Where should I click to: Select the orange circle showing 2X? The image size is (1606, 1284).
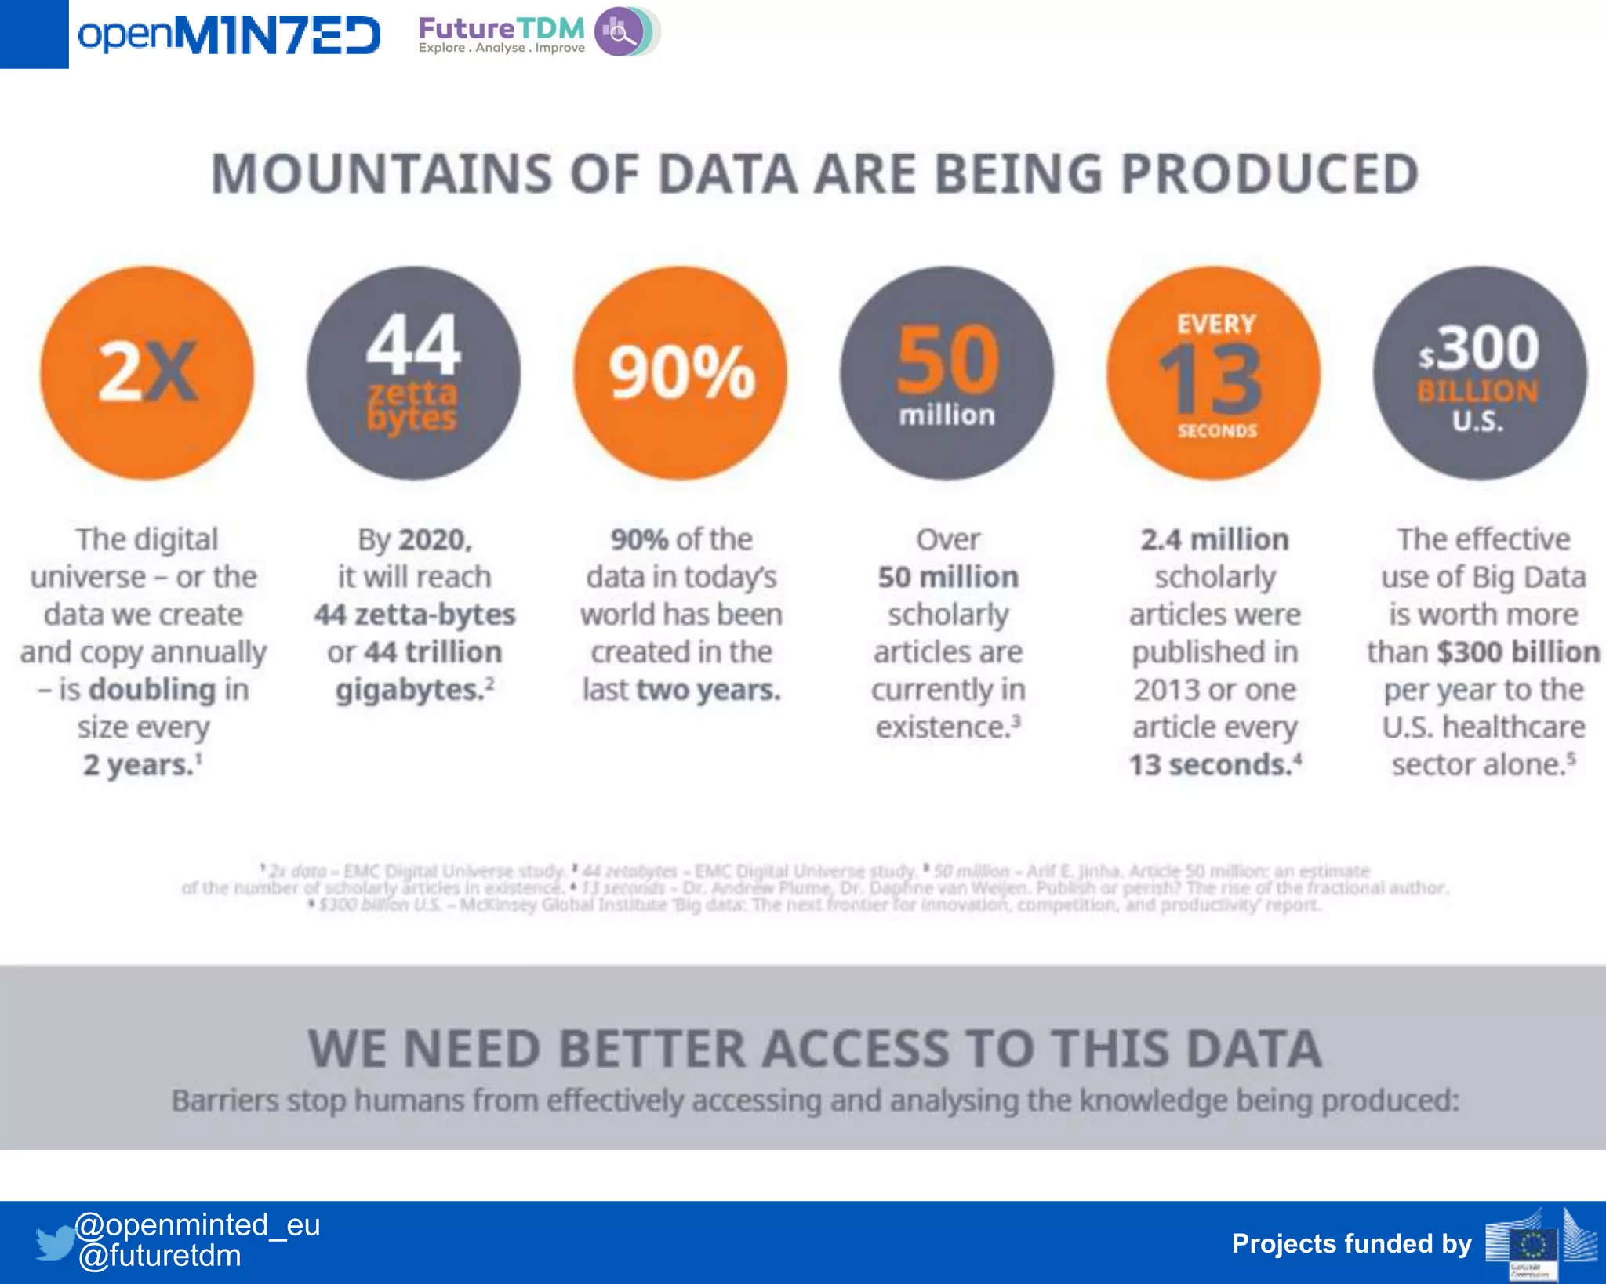tap(147, 373)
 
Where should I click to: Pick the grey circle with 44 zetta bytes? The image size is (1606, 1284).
tap(413, 373)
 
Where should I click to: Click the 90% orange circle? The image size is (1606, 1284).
tap(681, 373)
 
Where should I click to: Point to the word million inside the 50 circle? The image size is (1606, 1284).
tap(947, 415)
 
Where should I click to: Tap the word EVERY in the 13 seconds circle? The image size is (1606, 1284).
tap(1216, 324)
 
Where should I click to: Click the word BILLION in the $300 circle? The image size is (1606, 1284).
tap(1477, 390)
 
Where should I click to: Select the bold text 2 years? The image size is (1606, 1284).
tap(138, 765)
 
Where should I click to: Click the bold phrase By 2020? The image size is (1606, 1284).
tap(414, 539)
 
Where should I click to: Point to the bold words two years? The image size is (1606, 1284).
tap(708, 690)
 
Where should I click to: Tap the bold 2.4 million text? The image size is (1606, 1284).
tap(1214, 539)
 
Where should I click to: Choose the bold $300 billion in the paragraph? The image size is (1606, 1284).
tap(1518, 652)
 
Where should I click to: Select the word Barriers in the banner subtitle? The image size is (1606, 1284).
tap(225, 1101)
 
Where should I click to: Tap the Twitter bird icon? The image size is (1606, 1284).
tap(55, 1242)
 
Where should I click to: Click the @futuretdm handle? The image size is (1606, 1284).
tap(160, 1256)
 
